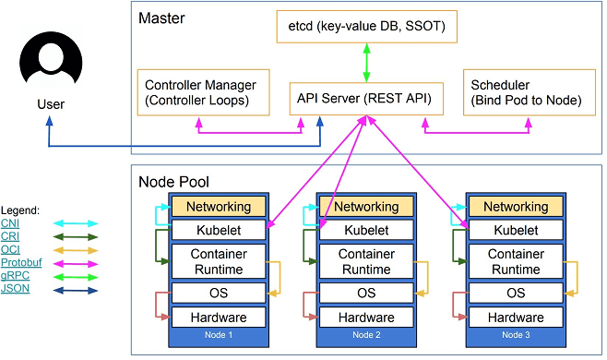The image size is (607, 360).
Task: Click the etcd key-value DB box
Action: point(366,27)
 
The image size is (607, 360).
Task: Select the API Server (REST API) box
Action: point(366,99)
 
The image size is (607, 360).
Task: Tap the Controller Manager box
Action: point(203,92)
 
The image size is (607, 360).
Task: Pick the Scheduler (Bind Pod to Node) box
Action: point(530,92)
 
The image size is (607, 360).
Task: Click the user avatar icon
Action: point(51,58)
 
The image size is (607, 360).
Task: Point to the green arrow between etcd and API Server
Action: point(366,63)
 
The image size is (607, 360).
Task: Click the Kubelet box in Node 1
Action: point(219,230)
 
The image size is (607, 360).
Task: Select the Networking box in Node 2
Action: point(366,207)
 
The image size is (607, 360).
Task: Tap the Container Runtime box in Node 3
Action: point(516,261)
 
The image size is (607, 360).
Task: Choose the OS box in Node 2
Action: point(366,293)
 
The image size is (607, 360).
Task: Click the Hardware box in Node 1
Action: point(219,318)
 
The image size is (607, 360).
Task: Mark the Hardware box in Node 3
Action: point(516,318)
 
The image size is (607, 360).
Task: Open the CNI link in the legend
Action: point(10,223)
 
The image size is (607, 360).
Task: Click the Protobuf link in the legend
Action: point(21,262)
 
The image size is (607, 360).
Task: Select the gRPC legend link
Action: point(15,275)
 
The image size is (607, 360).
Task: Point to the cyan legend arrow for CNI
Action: point(76,223)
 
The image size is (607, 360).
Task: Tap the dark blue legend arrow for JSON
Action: point(76,290)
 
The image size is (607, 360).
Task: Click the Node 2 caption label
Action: point(366,335)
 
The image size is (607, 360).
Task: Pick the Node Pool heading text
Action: point(173,182)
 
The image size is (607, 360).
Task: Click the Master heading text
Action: point(161,18)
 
